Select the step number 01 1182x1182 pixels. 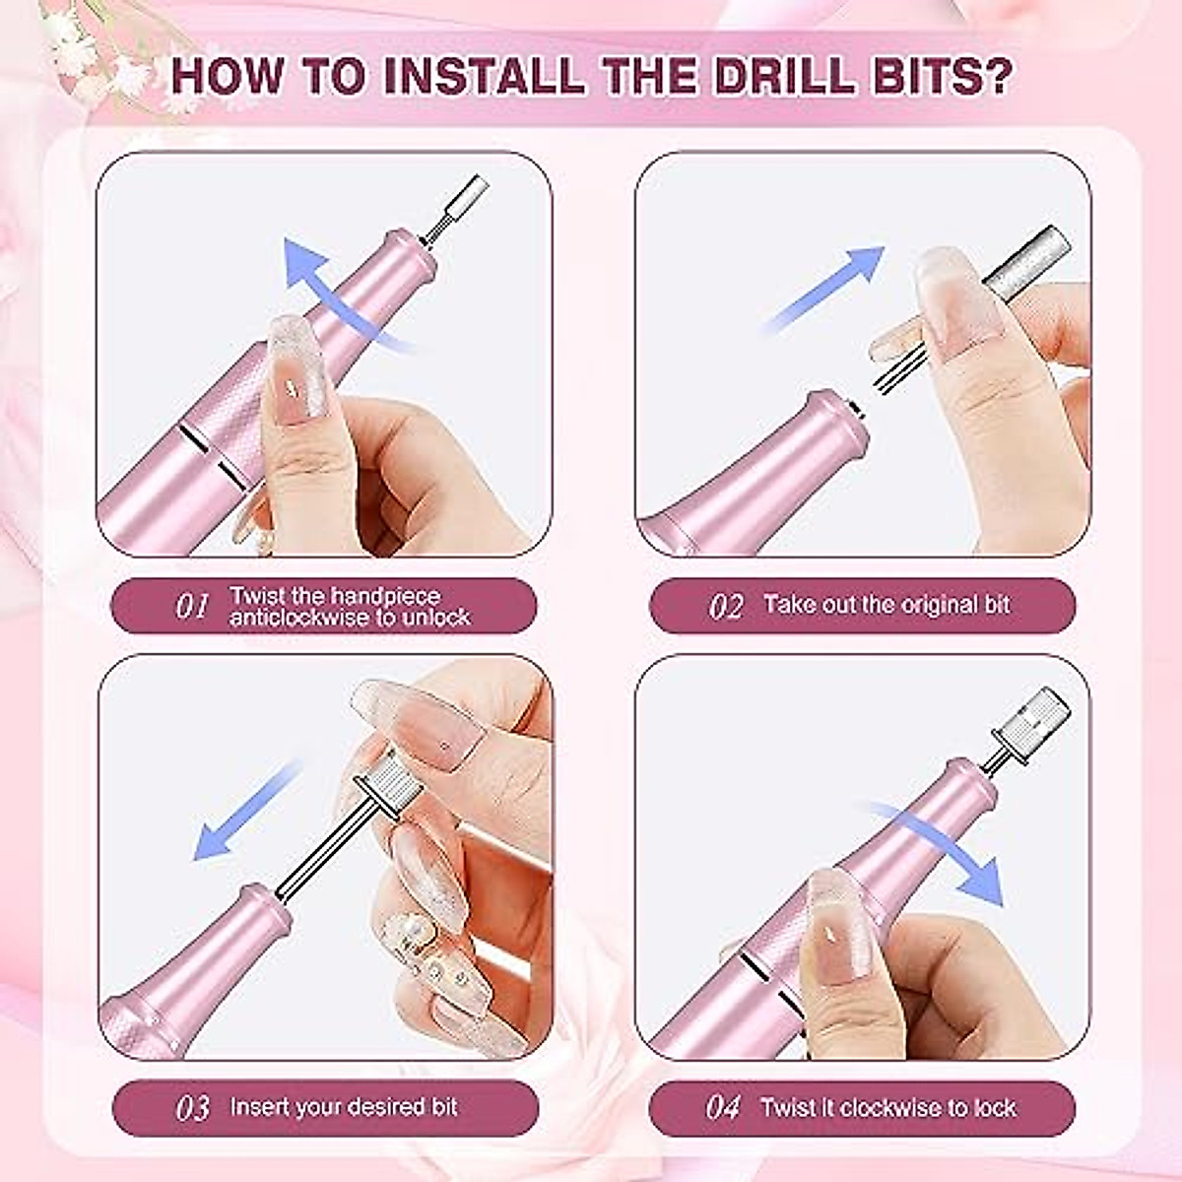(x=192, y=606)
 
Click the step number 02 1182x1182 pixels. (x=726, y=606)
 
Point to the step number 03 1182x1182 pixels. (x=192, y=1108)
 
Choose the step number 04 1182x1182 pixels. (x=724, y=1108)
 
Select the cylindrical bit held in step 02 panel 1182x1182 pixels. (x=1024, y=261)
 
